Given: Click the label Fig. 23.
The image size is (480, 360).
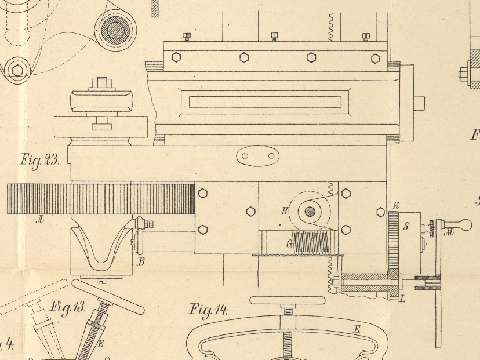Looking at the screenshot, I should pyautogui.click(x=40, y=160).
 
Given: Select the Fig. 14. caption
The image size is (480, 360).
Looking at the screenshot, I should pyautogui.click(x=208, y=310).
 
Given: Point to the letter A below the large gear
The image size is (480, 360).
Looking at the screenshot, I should pyautogui.click(x=40, y=219).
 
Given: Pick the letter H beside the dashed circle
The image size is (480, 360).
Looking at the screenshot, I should pyautogui.click(x=285, y=211).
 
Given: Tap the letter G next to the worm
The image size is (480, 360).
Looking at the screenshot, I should pyautogui.click(x=289, y=243).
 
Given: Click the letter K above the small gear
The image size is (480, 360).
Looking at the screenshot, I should pyautogui.click(x=396, y=205).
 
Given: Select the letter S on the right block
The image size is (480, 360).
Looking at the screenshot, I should pyautogui.click(x=406, y=227).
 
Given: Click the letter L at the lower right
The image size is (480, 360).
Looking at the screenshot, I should pyautogui.click(x=403, y=299).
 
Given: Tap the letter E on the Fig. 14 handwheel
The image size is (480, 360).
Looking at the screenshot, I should pyautogui.click(x=357, y=330).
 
